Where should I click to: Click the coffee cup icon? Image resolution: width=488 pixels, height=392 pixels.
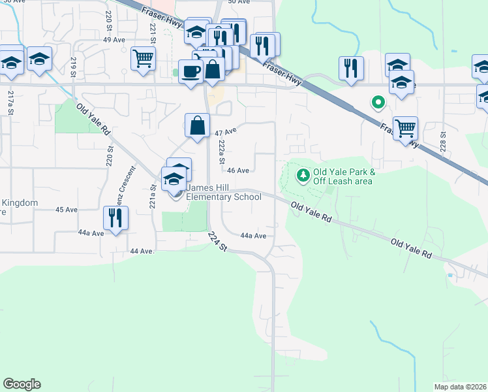tap(191, 71)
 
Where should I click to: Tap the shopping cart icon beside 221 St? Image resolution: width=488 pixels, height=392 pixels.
tap(143, 57)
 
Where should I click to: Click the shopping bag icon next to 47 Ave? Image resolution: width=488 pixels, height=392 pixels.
tap(197, 124)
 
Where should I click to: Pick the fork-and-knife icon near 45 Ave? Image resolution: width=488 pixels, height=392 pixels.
tap(116, 218)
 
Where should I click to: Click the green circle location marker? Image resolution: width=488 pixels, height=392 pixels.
tap(376, 102)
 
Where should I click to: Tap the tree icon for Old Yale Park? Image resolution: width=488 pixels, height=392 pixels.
tap(303, 174)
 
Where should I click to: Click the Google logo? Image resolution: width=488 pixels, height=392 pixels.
tap(22, 384)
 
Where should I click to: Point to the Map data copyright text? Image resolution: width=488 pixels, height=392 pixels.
tap(461, 387)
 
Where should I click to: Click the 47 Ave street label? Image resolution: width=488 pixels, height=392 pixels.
tap(225, 132)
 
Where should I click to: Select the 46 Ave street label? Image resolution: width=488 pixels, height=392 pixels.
tap(238, 171)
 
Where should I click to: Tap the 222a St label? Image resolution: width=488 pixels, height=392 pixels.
tap(222, 152)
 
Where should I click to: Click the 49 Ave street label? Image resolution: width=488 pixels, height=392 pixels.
tap(114, 40)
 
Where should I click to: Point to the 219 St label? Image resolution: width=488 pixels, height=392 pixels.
tap(74, 68)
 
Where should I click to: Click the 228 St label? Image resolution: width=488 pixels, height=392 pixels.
tap(442, 140)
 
